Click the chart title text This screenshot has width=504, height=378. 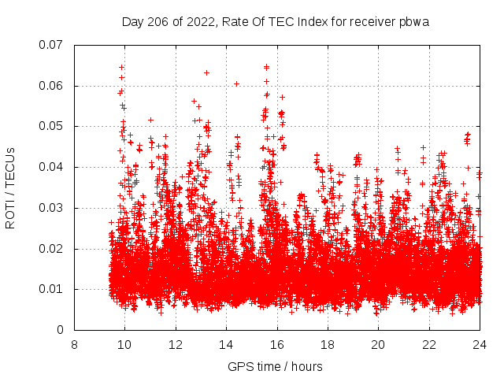(x=275, y=22)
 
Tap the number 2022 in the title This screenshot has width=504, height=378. (x=195, y=22)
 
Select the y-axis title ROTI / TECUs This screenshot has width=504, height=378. (x=11, y=187)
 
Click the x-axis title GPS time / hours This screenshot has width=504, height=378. (x=276, y=366)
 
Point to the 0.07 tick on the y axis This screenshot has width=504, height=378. (x=52, y=45)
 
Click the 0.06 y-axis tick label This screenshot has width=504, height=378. (x=52, y=86)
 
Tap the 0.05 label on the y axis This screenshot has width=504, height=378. (x=52, y=126)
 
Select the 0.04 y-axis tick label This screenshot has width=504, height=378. (x=52, y=167)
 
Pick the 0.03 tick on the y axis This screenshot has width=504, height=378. (x=52, y=208)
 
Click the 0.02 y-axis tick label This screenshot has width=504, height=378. (x=52, y=249)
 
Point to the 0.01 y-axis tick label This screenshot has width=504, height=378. (x=52, y=289)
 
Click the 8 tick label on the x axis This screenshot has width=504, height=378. (x=74, y=345)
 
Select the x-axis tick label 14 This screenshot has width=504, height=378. (x=226, y=345)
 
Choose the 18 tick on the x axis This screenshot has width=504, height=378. (x=328, y=345)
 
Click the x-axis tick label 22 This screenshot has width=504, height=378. (x=429, y=345)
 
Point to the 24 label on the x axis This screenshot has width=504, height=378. (x=480, y=345)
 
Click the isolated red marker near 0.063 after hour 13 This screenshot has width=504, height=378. (x=206, y=72)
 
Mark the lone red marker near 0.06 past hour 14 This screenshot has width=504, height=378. (x=236, y=83)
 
